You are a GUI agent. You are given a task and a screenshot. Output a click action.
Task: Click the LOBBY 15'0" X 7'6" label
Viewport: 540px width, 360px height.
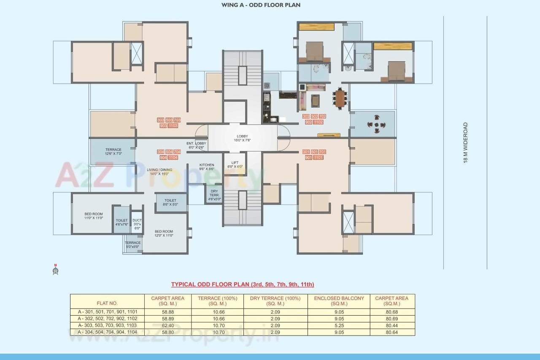tap(243, 138)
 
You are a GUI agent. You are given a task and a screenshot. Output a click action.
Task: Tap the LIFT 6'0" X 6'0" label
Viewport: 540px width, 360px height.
tap(235, 165)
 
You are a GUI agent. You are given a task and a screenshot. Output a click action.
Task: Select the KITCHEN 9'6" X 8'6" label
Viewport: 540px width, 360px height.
tap(207, 167)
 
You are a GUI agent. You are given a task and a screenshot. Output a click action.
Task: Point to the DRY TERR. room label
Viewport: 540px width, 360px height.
tap(214, 195)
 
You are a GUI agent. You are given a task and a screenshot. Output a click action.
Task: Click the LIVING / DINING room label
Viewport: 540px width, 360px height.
tap(157, 172)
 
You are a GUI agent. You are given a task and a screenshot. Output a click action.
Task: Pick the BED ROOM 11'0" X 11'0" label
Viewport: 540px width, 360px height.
tap(93, 216)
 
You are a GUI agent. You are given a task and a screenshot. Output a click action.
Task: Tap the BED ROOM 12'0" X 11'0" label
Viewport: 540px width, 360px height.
tap(164, 233)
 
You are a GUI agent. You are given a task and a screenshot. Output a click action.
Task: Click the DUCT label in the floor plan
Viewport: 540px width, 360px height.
tap(137, 224)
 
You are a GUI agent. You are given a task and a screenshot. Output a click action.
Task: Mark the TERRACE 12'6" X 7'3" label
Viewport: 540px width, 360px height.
tap(113, 152)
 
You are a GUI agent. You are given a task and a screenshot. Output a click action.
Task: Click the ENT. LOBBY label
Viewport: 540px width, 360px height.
tap(196, 145)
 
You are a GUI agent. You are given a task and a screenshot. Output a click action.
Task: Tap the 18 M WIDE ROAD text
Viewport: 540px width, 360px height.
tap(466, 143)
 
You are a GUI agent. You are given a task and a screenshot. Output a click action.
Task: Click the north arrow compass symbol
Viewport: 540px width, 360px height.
tap(55, 269)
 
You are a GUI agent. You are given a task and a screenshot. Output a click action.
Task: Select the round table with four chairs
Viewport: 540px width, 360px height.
tap(376, 125)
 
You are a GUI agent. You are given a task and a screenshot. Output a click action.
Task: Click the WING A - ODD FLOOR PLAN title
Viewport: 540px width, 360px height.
tap(261, 5)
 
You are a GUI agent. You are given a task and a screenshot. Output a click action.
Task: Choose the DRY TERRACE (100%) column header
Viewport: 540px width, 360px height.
tap(275, 300)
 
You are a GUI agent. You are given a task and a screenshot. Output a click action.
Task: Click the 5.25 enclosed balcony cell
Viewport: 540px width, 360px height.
tap(339, 325)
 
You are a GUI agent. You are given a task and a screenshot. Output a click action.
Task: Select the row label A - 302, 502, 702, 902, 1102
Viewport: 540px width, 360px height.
tap(107, 319)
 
